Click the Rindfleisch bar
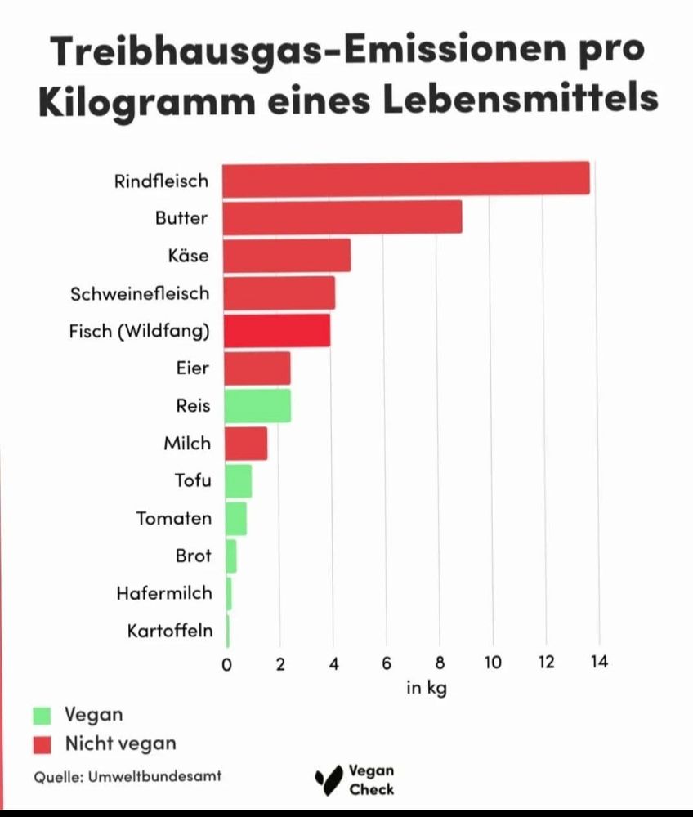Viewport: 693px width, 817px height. [406, 179]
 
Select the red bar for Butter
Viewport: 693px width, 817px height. [342, 217]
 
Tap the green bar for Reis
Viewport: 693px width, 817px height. [257, 406]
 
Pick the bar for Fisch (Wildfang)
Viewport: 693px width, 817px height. [277, 331]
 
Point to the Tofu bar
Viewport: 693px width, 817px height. [238, 480]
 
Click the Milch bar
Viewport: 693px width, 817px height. [245, 444]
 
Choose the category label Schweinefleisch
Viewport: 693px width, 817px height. [140, 293]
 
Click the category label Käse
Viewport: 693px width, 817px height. [188, 256]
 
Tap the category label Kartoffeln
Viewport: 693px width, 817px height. [170, 631]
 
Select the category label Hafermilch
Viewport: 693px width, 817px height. [164, 593]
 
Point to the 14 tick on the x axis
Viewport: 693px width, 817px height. [599, 663]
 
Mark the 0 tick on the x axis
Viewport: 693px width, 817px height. [226, 663]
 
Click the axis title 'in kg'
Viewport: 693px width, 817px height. [427, 688]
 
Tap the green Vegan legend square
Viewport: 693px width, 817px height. [42, 715]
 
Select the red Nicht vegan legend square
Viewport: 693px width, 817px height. [42, 743]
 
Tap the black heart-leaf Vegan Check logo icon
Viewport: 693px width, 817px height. [329, 779]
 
